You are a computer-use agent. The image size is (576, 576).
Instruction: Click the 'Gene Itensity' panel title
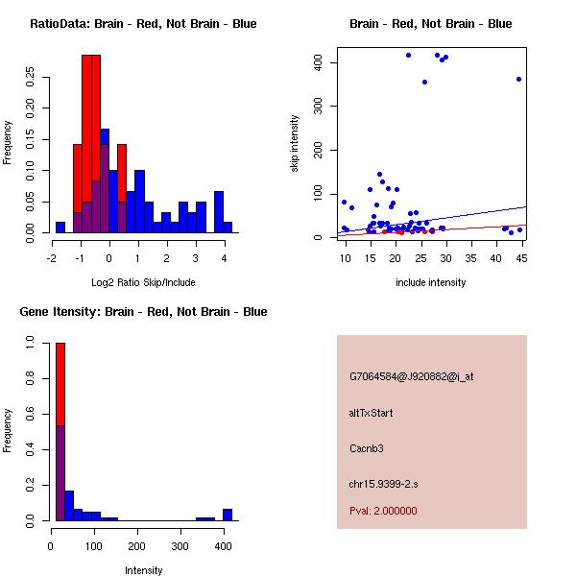coord(143,312)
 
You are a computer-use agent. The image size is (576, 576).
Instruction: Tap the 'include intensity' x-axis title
coord(431,282)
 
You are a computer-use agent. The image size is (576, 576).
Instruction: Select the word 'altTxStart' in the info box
coord(372,413)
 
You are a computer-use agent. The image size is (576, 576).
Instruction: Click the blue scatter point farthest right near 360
coord(518,79)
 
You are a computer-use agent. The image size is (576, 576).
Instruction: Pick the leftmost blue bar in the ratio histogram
coord(60,228)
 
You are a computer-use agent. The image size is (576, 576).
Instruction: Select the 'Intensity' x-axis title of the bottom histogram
coord(143,570)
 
